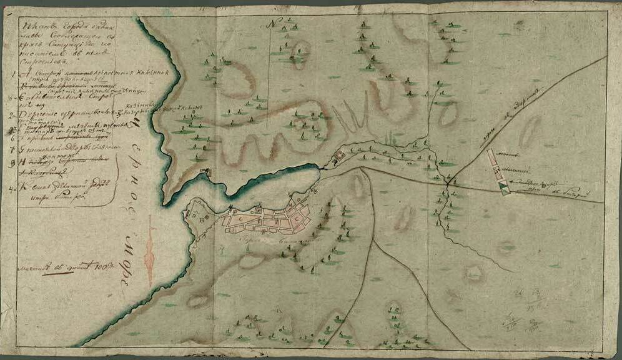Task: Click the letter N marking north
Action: pyautogui.click(x=273, y=24)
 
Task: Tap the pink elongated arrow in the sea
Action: pyautogui.click(x=149, y=257)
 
